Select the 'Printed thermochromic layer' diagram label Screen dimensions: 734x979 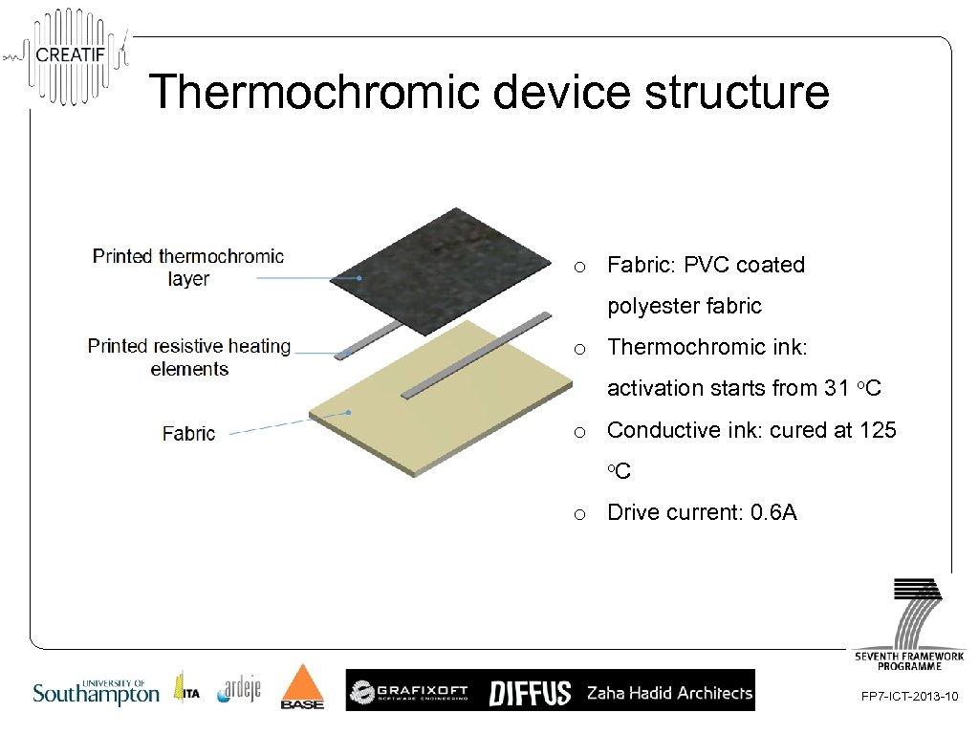[187, 268]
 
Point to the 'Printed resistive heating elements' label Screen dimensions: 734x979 [189, 357]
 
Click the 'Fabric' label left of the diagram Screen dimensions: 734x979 [188, 434]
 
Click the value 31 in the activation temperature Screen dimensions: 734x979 [836, 388]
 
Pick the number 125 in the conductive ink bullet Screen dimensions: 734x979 [878, 430]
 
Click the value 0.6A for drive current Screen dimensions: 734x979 [773, 512]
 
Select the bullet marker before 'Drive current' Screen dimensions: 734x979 [579, 514]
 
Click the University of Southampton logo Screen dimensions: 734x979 [96, 693]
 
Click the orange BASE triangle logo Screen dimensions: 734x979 [302, 687]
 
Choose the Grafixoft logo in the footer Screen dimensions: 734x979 [411, 692]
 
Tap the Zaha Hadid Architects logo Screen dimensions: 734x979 [669, 693]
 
